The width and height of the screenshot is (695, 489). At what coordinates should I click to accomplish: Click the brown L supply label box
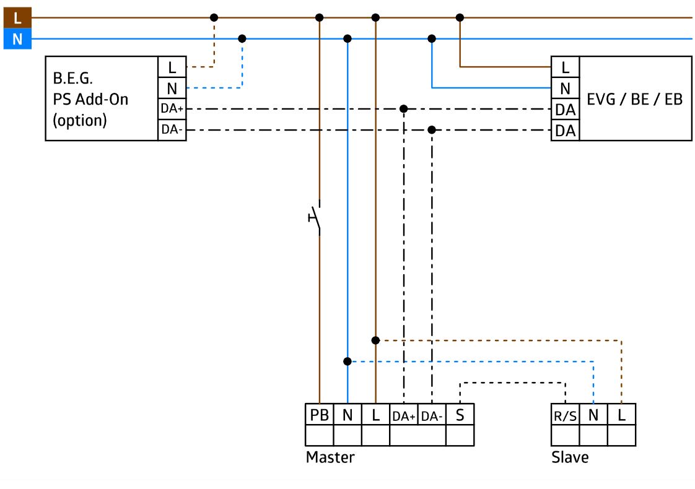click(17, 18)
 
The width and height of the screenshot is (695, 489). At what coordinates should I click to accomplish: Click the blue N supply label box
click(17, 39)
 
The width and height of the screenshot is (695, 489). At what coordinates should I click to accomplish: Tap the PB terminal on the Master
click(319, 415)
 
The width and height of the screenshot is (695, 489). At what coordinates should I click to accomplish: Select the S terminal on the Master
click(460, 415)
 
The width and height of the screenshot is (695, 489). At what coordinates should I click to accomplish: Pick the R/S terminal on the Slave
click(565, 415)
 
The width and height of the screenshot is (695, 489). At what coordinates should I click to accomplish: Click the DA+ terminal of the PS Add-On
click(172, 108)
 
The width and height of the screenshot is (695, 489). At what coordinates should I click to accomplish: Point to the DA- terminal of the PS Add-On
click(172, 130)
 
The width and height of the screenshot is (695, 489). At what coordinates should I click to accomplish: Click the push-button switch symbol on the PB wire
click(315, 217)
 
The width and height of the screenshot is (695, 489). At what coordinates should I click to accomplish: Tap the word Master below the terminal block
click(330, 457)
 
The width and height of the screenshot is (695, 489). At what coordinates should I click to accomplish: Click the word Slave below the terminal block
click(570, 457)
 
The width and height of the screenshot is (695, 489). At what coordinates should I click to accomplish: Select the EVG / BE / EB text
click(635, 99)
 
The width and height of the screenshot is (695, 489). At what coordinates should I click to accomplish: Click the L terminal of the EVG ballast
click(565, 67)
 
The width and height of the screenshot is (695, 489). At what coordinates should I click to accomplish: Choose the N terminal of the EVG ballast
click(565, 88)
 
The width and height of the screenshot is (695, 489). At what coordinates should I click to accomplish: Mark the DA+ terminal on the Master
click(404, 415)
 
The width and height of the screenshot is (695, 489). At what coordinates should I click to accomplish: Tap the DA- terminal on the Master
click(432, 415)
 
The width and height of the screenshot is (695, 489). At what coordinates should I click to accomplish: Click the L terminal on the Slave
click(621, 415)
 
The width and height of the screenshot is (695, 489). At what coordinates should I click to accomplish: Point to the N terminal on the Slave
click(593, 415)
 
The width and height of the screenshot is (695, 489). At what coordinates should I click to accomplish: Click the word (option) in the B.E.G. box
click(80, 121)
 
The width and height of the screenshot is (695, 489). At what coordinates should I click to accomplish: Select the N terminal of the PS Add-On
click(172, 88)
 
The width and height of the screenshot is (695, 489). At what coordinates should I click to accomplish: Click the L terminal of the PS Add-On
click(172, 67)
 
